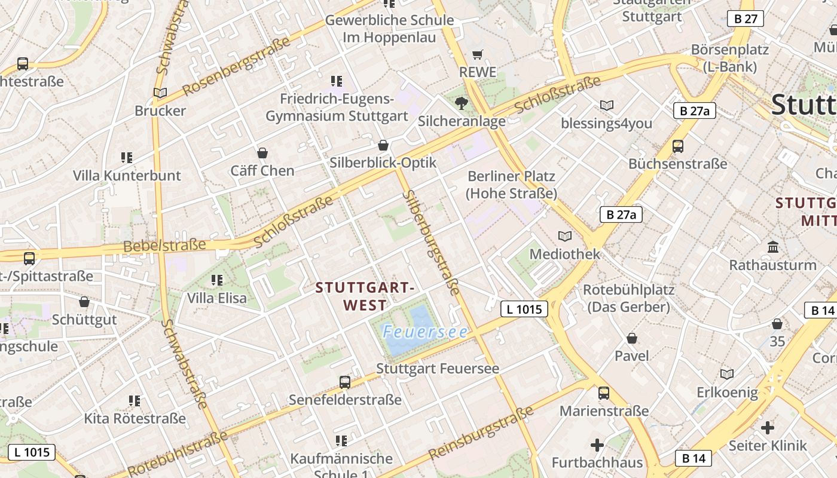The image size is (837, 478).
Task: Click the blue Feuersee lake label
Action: point(425,332)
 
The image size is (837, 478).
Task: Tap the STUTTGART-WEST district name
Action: point(365,296)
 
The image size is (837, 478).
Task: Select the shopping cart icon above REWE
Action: point(477,55)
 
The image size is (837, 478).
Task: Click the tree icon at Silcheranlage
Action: point(461,103)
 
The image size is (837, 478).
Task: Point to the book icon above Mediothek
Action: point(564,236)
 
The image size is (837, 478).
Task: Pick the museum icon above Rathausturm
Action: point(772,247)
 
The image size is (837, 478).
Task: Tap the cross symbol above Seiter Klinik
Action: point(768,428)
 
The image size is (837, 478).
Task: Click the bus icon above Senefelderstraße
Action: point(345,382)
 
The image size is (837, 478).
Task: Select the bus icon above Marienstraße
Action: point(604,393)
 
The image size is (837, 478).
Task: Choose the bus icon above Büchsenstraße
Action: point(678,146)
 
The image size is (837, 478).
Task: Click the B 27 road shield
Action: point(746,19)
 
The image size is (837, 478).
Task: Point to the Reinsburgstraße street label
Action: point(481,433)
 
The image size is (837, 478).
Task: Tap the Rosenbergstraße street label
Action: point(236,66)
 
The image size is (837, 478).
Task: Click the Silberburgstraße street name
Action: point(430,242)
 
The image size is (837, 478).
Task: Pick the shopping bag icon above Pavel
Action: point(632,339)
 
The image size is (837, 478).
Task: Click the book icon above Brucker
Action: point(160,93)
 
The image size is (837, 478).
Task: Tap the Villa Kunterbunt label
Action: point(127,176)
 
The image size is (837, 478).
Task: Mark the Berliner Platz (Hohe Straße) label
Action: point(511,185)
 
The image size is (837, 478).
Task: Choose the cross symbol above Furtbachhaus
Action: point(597,445)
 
